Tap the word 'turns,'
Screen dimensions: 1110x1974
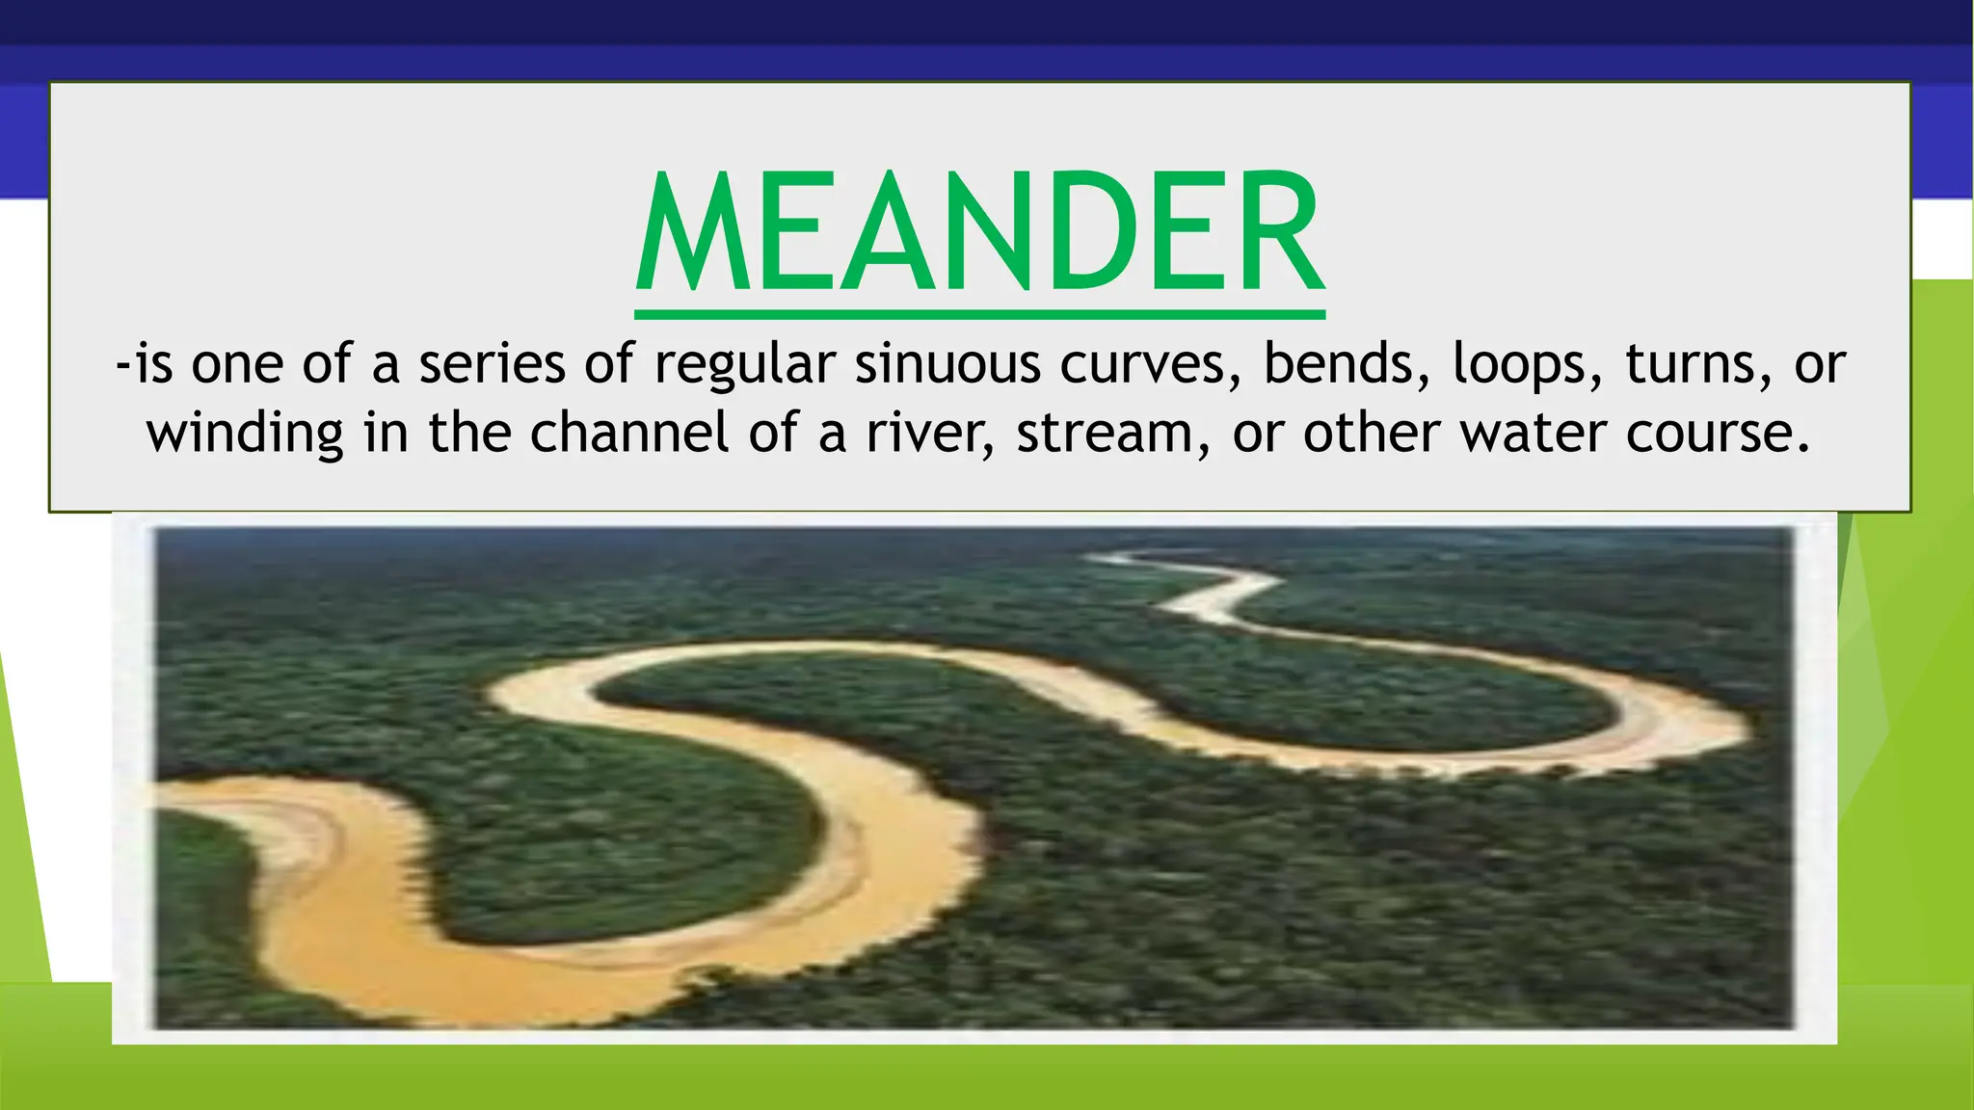[1699, 364]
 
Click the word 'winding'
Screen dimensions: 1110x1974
[245, 434]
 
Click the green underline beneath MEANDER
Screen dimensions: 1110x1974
[979, 314]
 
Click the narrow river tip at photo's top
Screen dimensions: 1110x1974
[1108, 558]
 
